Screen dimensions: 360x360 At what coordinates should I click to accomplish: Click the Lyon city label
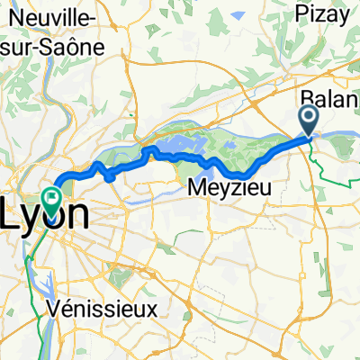49,214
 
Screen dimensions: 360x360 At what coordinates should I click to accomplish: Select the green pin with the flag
52,196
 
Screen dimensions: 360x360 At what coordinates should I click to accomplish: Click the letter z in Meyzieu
232,188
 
